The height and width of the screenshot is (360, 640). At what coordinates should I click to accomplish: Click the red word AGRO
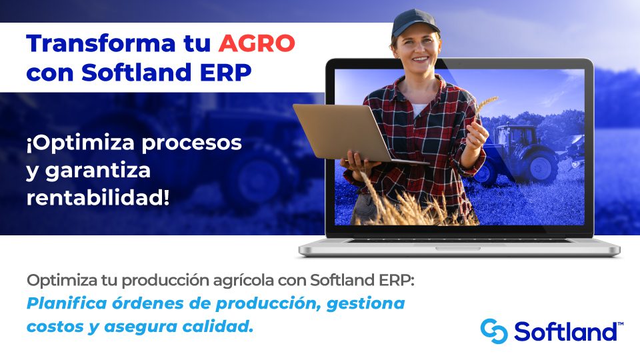click(x=256, y=44)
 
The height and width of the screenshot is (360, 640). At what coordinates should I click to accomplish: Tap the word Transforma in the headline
click(x=101, y=43)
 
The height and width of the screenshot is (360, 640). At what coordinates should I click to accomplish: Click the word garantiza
click(x=98, y=171)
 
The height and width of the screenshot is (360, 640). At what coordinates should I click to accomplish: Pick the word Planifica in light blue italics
click(x=67, y=303)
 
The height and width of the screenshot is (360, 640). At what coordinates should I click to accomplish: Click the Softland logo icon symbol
click(x=494, y=331)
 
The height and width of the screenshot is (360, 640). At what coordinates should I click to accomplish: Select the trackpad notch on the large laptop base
click(x=457, y=248)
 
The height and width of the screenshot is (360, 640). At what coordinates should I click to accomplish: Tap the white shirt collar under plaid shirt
click(x=419, y=109)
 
